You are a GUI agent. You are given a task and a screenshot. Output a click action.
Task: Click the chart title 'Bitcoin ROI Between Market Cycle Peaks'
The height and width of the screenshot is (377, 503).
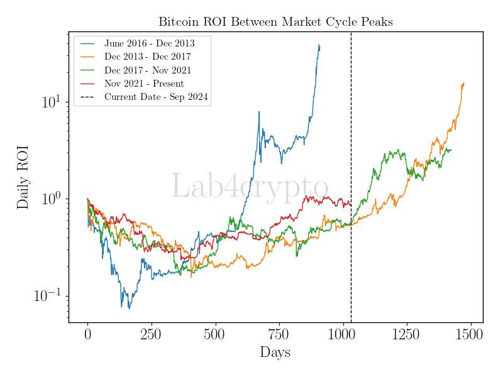(x=275, y=22)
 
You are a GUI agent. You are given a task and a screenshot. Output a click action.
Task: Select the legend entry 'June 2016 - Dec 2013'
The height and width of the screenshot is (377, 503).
(x=149, y=43)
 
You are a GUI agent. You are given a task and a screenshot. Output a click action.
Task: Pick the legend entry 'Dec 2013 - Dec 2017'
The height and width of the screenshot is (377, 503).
(x=148, y=57)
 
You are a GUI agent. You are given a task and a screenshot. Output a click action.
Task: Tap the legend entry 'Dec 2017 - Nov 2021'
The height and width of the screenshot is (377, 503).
(x=148, y=70)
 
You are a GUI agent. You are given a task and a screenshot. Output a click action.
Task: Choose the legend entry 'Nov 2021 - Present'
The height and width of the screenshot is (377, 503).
(x=144, y=84)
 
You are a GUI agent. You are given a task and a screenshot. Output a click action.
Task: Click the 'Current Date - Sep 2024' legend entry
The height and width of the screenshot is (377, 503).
(x=156, y=97)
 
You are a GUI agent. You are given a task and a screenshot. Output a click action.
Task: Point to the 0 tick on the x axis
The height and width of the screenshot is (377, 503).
(x=88, y=334)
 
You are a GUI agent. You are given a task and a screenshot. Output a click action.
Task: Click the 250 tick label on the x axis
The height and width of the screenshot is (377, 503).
(x=152, y=334)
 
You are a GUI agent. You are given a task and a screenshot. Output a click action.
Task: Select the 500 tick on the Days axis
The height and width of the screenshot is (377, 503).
(x=216, y=334)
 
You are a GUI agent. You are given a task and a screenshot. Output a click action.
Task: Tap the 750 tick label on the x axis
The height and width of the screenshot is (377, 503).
(x=279, y=334)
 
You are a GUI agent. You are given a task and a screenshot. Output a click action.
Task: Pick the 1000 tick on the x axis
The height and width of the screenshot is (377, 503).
(x=343, y=334)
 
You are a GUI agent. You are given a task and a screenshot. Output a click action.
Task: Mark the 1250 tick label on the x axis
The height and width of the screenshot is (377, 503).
(x=407, y=334)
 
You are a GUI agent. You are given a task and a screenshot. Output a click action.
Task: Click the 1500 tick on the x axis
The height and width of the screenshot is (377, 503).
(x=471, y=334)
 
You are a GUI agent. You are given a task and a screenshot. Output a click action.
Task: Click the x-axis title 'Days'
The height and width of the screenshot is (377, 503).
(x=275, y=352)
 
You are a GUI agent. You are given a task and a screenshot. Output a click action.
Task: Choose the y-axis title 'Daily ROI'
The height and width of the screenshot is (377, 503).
(x=23, y=185)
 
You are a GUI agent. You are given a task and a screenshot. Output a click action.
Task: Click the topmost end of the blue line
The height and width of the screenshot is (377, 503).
(x=319, y=45)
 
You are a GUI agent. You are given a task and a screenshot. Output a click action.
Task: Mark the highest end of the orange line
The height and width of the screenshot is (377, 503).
(x=463, y=83)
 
